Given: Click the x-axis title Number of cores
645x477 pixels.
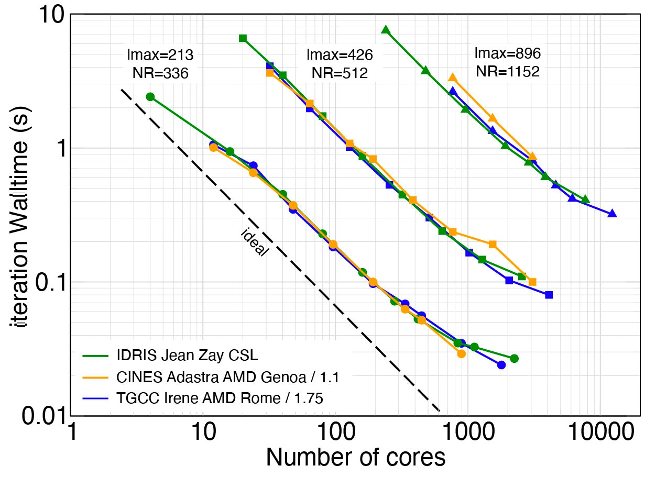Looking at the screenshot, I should (x=356, y=457).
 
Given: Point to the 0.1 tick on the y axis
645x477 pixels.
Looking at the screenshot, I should (x=49, y=283).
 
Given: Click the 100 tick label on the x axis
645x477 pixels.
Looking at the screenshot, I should (x=334, y=432).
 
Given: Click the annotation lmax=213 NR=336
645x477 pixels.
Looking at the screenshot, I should (x=160, y=64).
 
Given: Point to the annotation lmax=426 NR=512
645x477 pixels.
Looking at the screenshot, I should (x=340, y=64).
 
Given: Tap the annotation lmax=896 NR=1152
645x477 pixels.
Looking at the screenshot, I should (x=507, y=62).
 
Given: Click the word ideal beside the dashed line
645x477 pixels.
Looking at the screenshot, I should (x=255, y=242).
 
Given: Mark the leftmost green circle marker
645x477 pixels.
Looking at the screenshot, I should (x=150, y=96).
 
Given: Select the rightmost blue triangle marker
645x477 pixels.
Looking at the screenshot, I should (x=611, y=213).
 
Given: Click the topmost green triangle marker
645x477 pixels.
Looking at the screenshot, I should (x=386, y=30).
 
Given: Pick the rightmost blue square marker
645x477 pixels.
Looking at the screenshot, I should (x=549, y=295).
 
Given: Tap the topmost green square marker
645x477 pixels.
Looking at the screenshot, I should (x=243, y=38).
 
